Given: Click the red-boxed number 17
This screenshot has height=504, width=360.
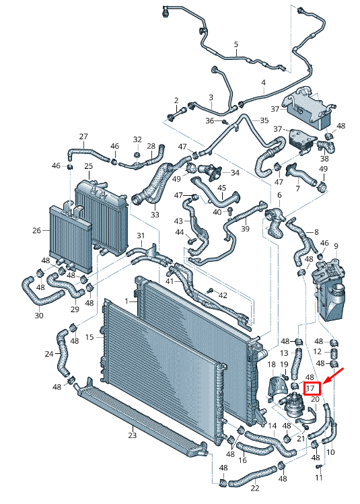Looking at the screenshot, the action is [x=310, y=388].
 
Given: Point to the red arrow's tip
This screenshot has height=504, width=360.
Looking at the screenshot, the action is [x=322, y=384].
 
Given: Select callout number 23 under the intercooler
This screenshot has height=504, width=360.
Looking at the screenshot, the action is [x=133, y=435].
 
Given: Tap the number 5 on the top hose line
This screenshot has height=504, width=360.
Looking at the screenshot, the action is [x=236, y=44].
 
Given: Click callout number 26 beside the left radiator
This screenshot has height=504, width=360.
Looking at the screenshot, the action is [x=37, y=230].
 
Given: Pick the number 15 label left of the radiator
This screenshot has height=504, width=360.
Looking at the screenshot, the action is [x=89, y=337].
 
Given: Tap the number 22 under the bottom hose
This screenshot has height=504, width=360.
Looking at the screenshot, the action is [x=255, y=488].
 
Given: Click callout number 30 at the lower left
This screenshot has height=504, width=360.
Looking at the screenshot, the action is [x=39, y=316].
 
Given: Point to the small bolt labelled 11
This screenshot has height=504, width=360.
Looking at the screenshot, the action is [x=319, y=466].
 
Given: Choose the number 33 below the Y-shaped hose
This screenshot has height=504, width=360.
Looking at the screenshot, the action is [x=155, y=214].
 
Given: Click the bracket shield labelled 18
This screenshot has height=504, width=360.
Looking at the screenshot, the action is [x=276, y=388].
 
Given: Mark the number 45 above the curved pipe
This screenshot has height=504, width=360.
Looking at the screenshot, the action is [x=222, y=188].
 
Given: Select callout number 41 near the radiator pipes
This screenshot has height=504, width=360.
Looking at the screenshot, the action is [x=170, y=281].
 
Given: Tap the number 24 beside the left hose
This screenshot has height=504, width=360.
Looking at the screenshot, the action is [x=49, y=354].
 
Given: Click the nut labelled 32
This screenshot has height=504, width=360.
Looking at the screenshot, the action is [x=137, y=155].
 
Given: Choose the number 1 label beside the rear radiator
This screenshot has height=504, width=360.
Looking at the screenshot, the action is [x=127, y=301].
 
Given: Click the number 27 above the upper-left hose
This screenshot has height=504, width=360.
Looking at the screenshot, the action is [x=83, y=137].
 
